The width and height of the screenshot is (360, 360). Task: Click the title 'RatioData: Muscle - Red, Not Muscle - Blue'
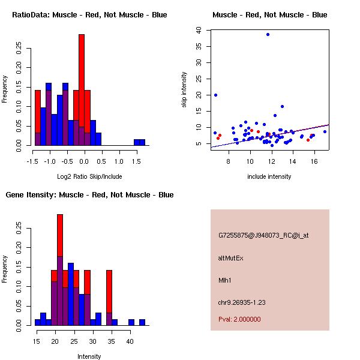point(89,14)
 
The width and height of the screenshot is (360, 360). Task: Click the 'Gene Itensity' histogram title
point(89,195)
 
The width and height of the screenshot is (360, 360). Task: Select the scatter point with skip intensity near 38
point(268,34)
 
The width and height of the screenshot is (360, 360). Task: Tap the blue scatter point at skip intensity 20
point(215,95)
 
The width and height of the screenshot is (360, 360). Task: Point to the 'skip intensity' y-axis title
point(184,90)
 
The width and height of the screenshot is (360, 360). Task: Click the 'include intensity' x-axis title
point(269,176)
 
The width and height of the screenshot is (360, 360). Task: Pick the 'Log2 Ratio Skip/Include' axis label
point(89,176)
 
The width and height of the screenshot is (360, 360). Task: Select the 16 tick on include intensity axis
point(314,161)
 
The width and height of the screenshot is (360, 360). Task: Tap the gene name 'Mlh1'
point(226,280)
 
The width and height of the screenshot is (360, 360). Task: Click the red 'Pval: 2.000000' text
point(239,319)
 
